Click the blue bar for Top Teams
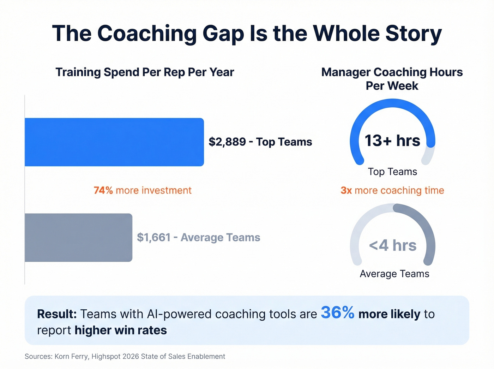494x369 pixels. coord(114,142)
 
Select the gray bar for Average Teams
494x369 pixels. coord(78,238)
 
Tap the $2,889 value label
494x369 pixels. coord(227,142)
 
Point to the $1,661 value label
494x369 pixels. coord(153,238)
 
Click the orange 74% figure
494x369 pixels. coord(103,190)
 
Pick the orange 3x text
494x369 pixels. coord(346,190)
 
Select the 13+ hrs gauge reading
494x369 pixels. coord(392,141)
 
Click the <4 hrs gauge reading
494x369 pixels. coord(392,245)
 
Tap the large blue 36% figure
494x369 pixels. coord(337,313)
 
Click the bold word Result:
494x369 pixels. coord(57,314)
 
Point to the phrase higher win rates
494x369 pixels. coord(121,330)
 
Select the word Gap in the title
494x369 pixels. coord(223,34)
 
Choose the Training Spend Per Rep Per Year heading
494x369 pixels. coord(145,72)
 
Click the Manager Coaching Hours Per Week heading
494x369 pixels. coord(392,79)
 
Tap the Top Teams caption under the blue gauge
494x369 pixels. coord(392,172)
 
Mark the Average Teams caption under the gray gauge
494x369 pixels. coord(394,274)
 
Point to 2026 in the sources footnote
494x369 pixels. coord(131,356)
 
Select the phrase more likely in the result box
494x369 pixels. coord(389,314)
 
